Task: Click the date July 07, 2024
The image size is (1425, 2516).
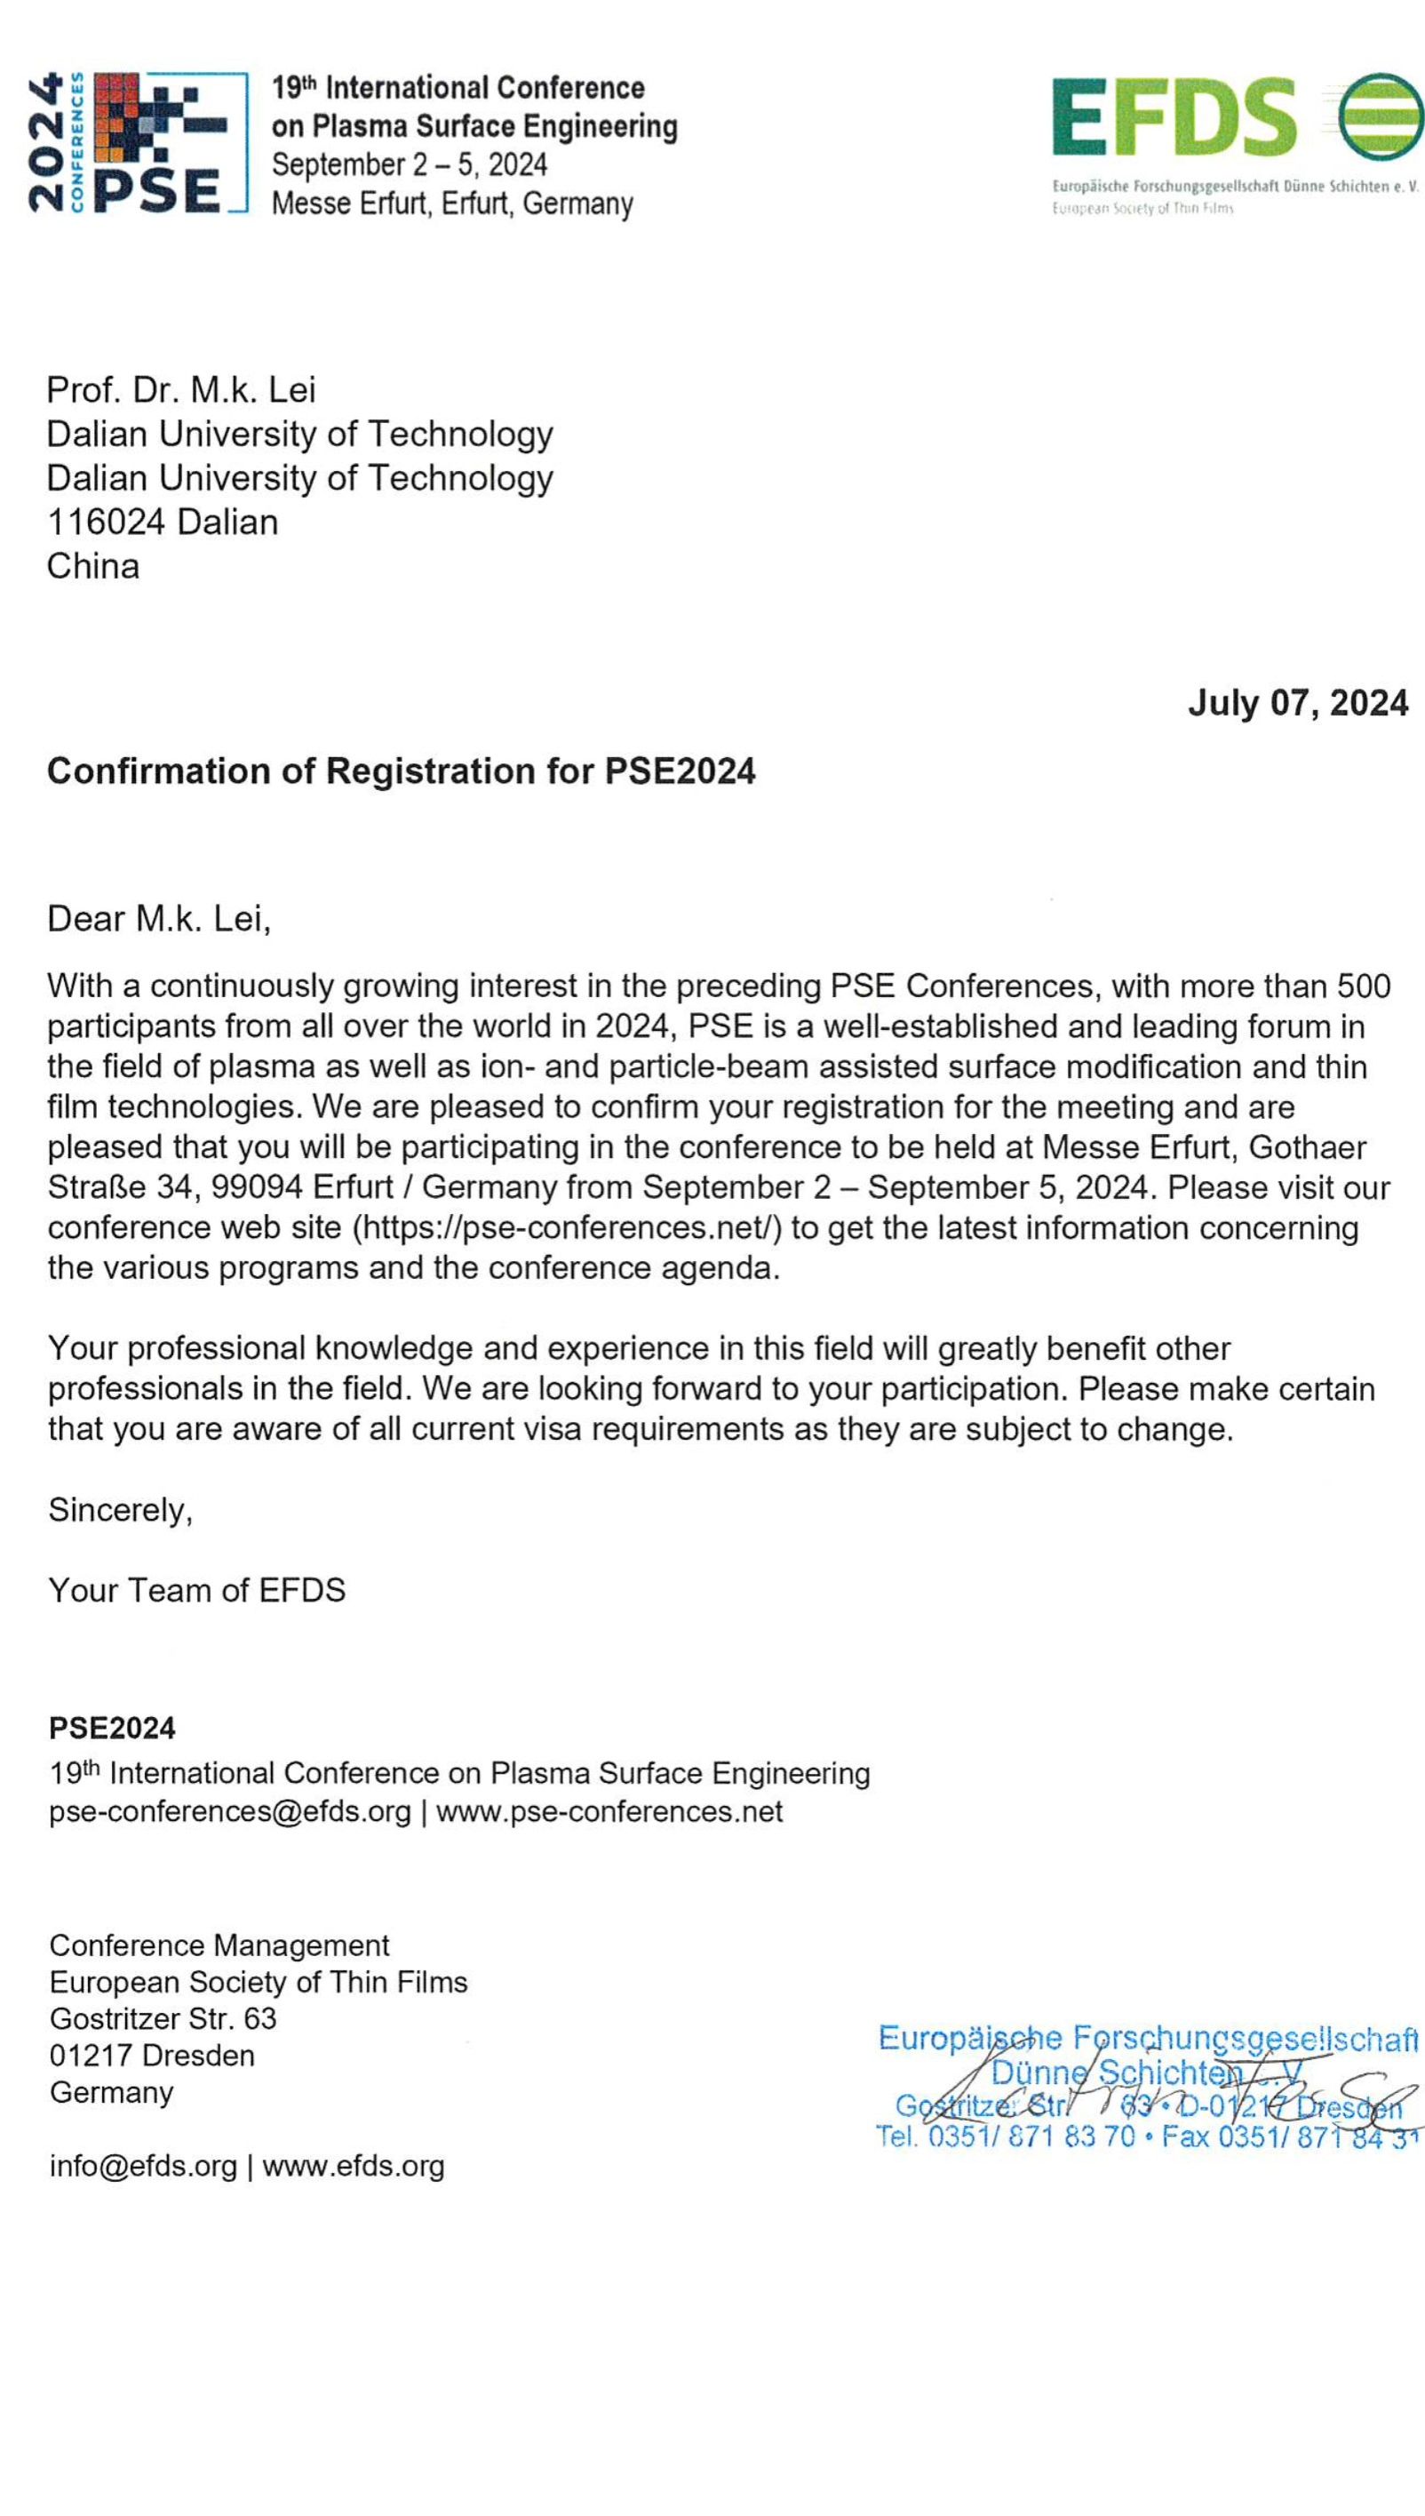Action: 1297,703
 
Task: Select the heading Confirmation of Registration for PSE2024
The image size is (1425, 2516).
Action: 402,771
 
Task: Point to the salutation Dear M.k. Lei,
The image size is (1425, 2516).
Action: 158,918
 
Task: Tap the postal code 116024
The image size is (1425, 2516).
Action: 106,522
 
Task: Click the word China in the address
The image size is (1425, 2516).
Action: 93,566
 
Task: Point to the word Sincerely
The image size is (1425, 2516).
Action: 119,1510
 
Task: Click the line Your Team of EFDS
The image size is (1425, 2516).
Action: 196,1590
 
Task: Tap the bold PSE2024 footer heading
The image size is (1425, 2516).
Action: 113,1728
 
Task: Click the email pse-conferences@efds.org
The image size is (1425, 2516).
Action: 230,1811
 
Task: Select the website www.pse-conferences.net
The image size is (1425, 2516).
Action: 609,1811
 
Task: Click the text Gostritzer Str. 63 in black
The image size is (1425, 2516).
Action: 163,2017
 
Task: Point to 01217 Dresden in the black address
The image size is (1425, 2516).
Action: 152,2055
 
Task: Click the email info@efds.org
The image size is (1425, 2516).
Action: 143,2166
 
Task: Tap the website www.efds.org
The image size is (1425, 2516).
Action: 354,2166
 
